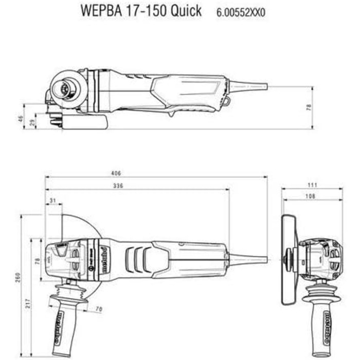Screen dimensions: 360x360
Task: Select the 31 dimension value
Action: (53, 200)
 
